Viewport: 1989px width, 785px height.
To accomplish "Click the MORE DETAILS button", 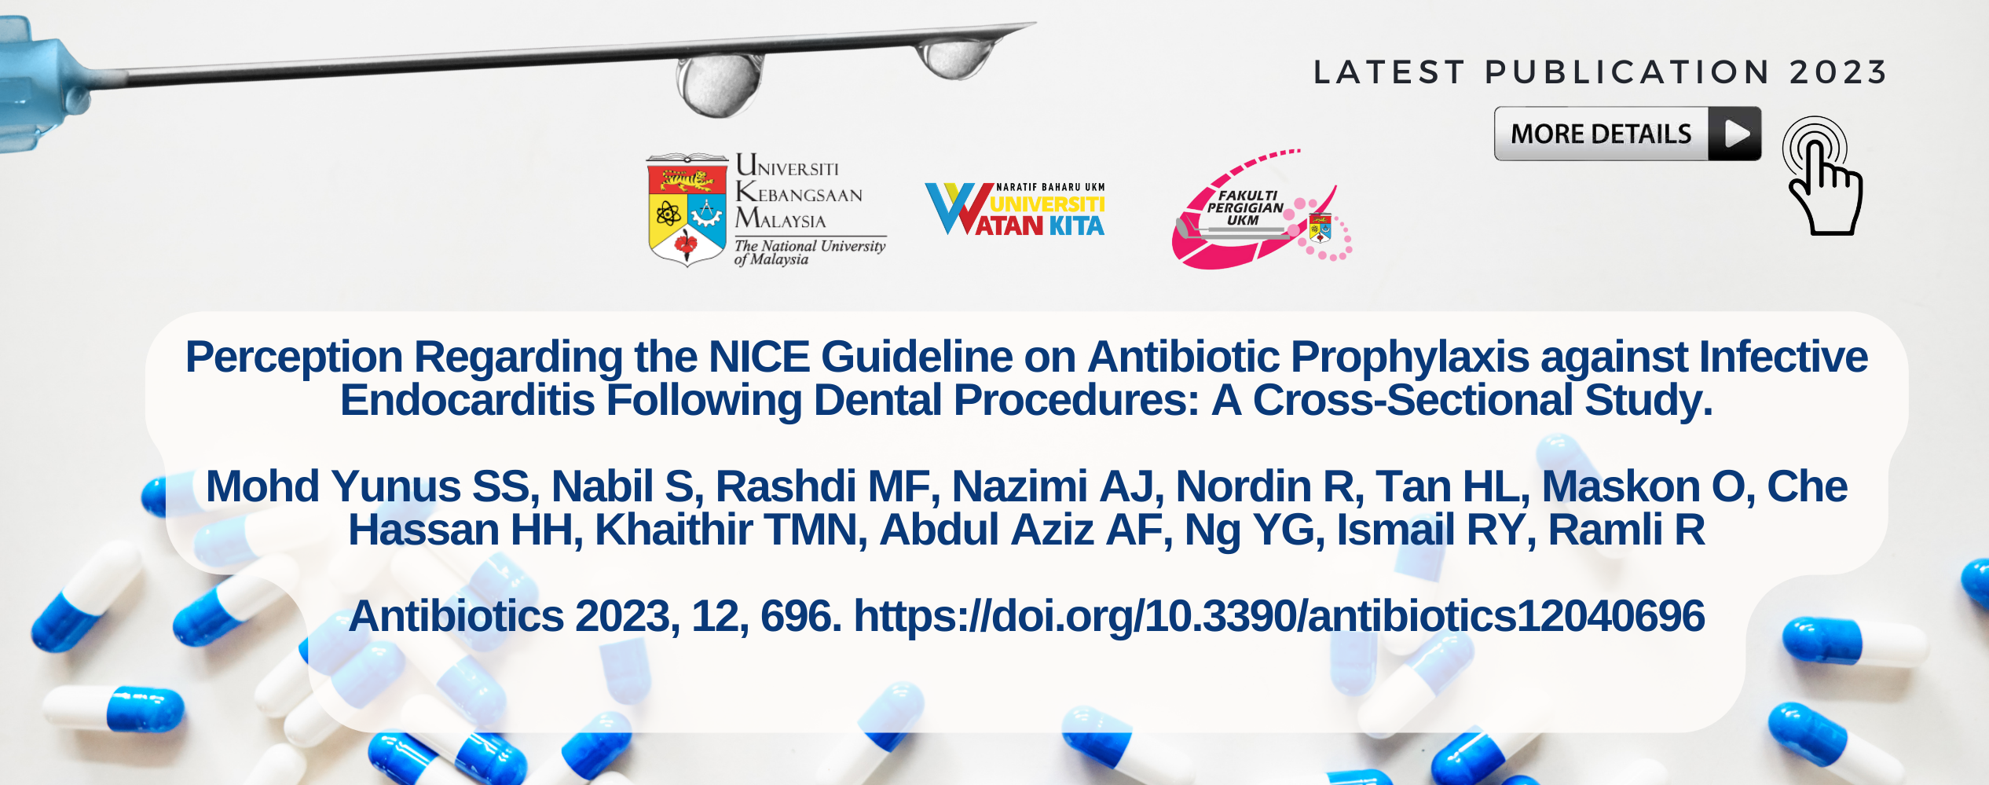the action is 1627,134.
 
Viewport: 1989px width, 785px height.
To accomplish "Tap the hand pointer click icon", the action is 1822,176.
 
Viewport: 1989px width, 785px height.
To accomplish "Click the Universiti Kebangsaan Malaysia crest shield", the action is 687,210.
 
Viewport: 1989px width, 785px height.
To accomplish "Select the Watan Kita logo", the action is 1015,209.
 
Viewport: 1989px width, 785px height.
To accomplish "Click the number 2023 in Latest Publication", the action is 1838,72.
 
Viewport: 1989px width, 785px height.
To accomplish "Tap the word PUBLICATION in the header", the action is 1627,72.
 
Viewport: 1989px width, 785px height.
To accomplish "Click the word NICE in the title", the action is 759,357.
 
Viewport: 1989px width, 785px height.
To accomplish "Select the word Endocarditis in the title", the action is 467,400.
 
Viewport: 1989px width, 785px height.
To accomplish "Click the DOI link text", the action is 1279,616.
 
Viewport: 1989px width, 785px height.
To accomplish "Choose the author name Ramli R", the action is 1626,530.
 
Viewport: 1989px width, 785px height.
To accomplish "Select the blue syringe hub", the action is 43,83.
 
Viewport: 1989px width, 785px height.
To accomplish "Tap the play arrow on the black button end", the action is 1737,134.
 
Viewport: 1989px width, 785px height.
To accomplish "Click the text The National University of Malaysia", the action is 809,252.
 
